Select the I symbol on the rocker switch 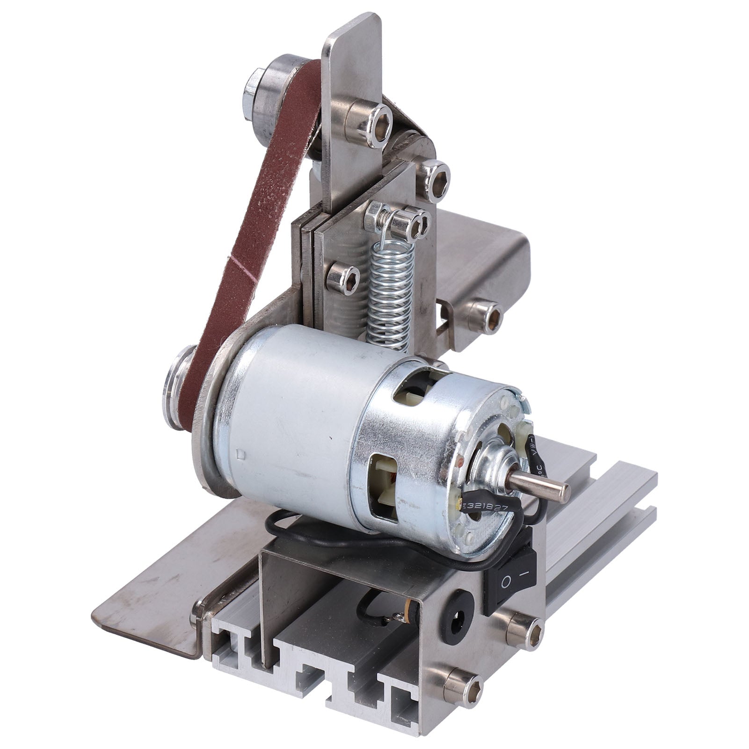coord(525,572)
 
